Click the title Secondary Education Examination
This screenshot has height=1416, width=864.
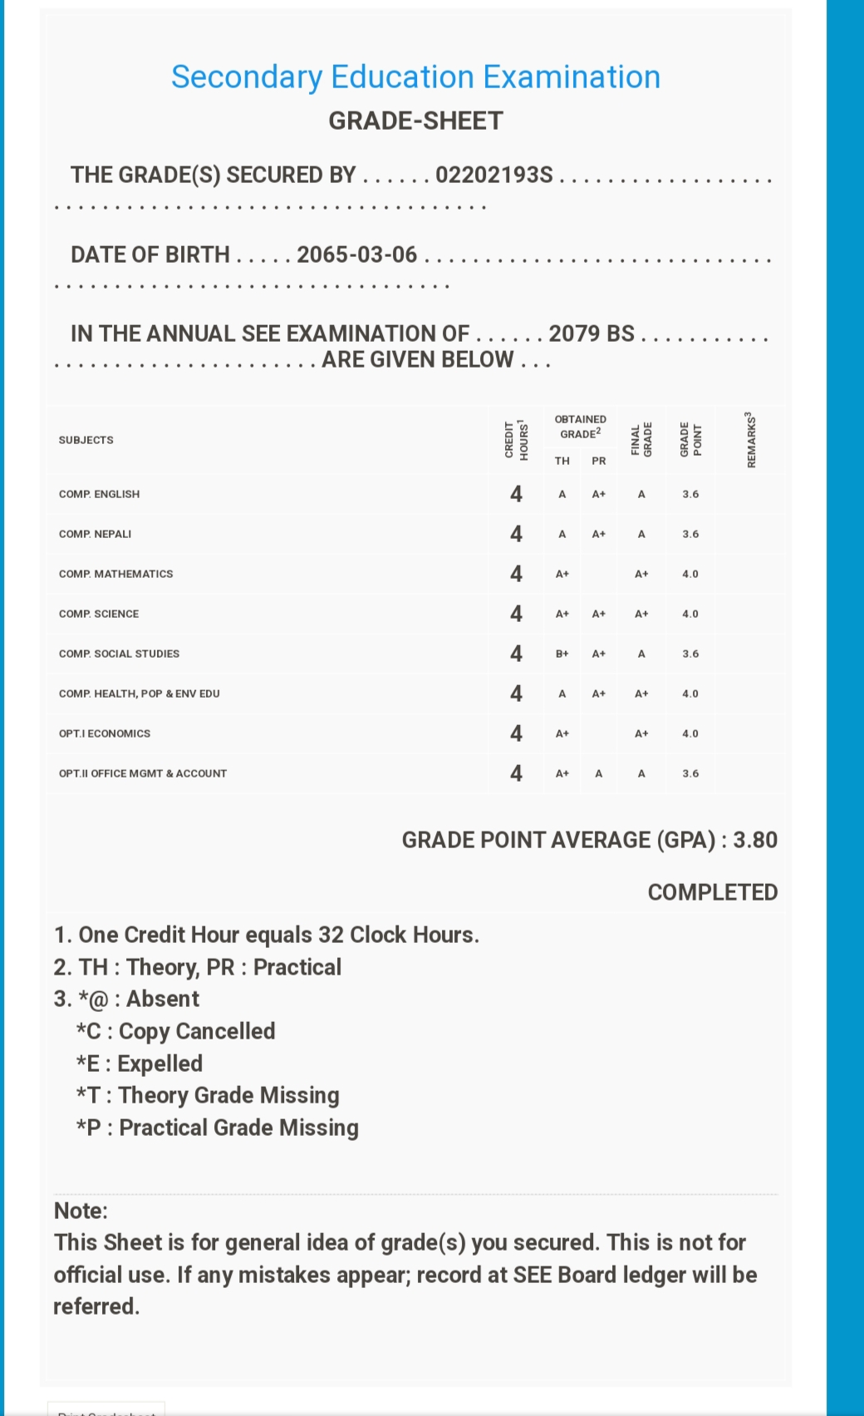(x=415, y=77)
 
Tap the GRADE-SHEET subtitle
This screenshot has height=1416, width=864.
(x=415, y=121)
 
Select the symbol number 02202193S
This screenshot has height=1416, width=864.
(x=494, y=175)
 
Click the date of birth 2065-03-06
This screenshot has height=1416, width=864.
(x=357, y=254)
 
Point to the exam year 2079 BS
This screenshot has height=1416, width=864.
(x=592, y=333)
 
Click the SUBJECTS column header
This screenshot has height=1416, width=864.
(x=86, y=440)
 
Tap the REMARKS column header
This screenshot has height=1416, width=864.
(x=751, y=440)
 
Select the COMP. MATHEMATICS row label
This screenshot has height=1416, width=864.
(x=116, y=574)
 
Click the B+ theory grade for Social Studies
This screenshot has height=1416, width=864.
(x=562, y=654)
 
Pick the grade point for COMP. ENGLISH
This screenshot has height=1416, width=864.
(x=690, y=494)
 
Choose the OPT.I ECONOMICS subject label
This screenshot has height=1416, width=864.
(x=105, y=733)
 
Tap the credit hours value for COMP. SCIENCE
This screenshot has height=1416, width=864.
(x=516, y=614)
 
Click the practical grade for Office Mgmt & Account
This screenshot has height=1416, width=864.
(x=599, y=773)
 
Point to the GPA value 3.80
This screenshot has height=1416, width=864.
(x=755, y=840)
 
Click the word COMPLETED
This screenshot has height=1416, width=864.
(x=713, y=892)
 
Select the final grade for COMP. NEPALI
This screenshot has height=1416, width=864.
(x=641, y=534)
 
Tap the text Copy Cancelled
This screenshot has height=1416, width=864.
(x=197, y=1031)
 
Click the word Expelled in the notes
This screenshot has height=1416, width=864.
(x=160, y=1063)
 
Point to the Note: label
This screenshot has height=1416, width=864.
(x=81, y=1211)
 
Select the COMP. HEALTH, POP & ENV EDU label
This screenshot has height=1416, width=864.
(x=140, y=693)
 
